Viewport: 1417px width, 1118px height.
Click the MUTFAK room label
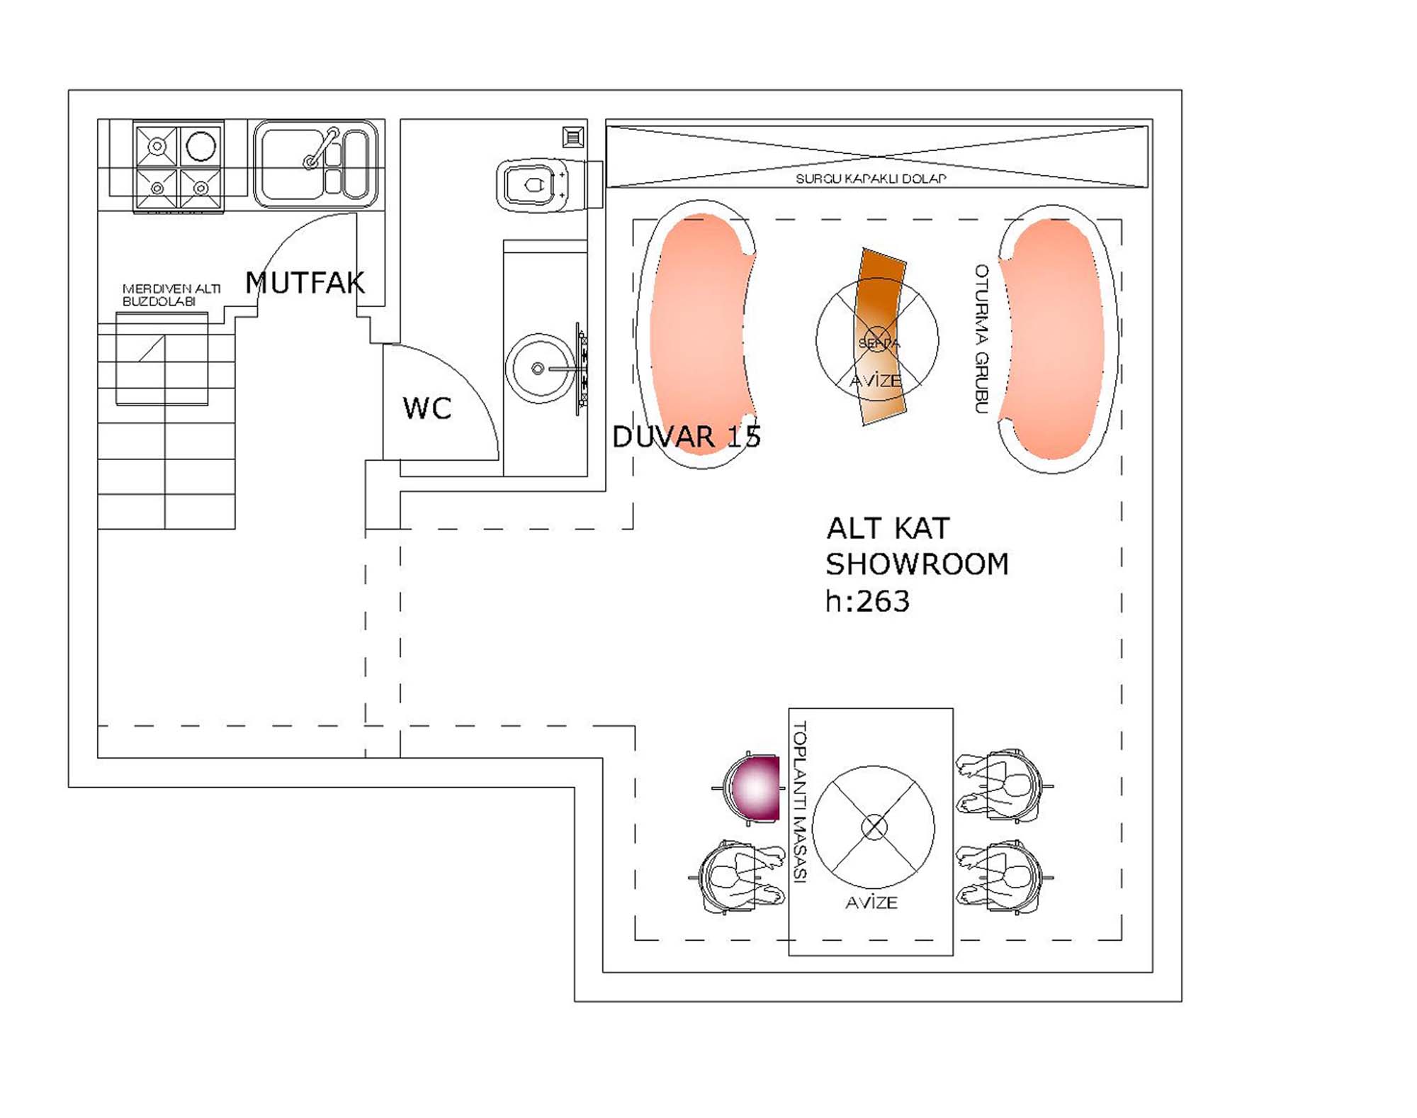coord(305,283)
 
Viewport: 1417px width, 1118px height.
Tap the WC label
coord(427,408)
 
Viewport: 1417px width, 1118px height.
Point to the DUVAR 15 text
coord(686,437)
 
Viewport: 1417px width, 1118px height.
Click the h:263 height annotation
coord(867,602)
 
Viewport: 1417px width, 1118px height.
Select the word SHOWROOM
coord(917,564)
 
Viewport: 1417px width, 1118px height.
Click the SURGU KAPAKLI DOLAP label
coord(870,179)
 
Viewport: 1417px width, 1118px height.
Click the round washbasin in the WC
coord(539,369)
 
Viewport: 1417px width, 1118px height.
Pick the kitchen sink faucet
coord(321,149)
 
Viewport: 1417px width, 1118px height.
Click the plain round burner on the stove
coord(201,147)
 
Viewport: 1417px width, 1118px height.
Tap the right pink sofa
coord(1054,339)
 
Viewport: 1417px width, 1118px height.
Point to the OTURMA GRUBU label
coord(981,339)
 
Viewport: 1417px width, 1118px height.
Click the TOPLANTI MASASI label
coord(800,801)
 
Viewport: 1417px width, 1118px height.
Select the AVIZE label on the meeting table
coord(871,902)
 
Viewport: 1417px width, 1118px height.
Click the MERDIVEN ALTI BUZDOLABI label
coord(171,295)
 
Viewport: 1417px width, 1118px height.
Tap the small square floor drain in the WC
coord(573,137)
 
